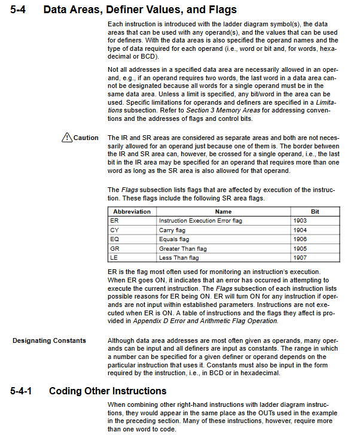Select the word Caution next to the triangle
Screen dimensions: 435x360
[86, 138]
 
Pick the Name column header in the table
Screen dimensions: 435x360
[223, 212]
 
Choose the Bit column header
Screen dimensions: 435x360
[315, 212]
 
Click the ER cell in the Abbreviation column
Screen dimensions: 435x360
[115, 221]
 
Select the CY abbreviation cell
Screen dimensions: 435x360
[115, 230]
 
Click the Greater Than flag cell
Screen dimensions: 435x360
[182, 248]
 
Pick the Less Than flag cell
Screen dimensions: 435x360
[179, 257]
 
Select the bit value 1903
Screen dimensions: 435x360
[300, 221]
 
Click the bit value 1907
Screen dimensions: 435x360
[300, 257]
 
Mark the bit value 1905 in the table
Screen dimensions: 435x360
[300, 248]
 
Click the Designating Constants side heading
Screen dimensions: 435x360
[49, 340]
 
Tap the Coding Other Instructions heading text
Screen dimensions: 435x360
[108, 391]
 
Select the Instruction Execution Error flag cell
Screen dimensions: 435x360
[200, 221]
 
